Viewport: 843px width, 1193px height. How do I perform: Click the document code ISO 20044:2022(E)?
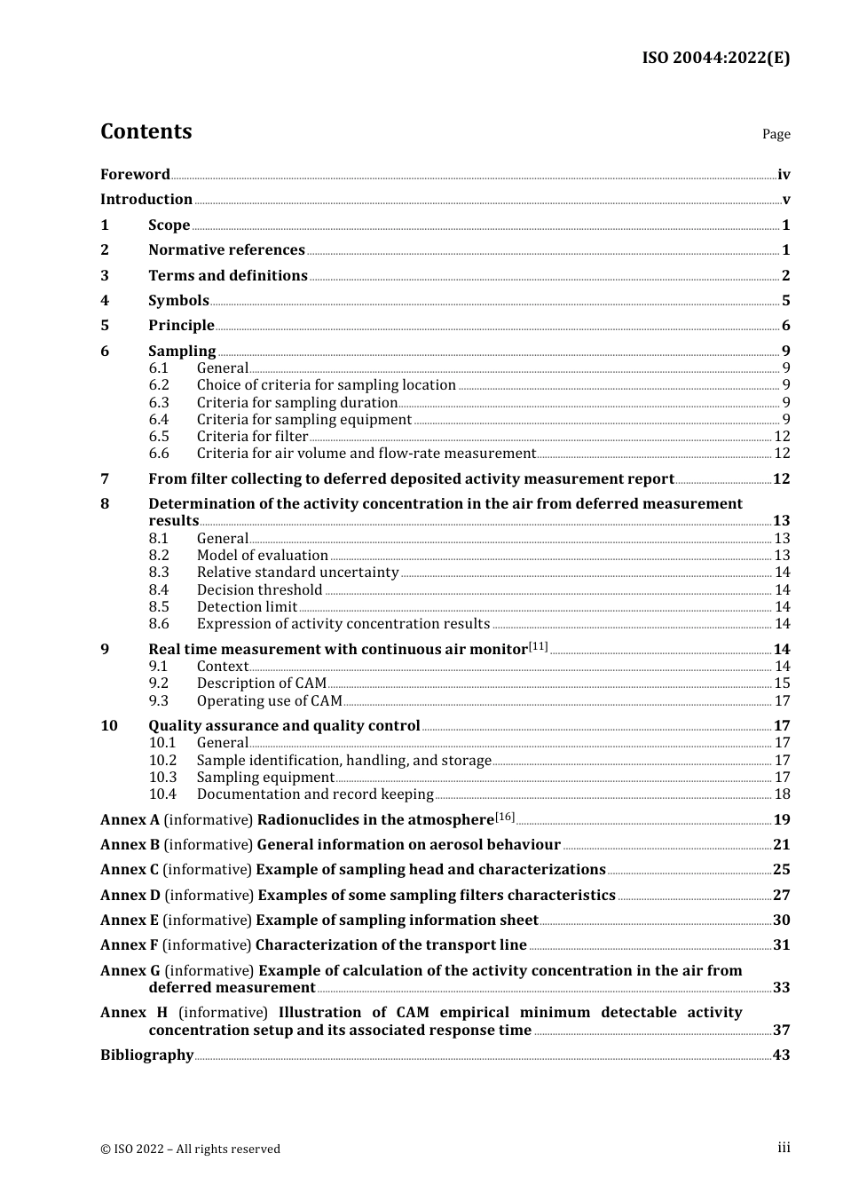pos(715,58)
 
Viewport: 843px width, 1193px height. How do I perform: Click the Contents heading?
pos(146,131)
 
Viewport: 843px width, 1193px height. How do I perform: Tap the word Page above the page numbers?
pos(776,134)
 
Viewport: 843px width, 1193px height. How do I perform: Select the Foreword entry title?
pos(135,174)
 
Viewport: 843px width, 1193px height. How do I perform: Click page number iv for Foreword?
pos(783,175)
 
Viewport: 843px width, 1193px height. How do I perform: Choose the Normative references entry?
pos(226,250)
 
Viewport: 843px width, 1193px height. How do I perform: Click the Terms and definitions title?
pos(228,275)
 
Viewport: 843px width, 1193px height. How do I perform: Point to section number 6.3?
pos(159,402)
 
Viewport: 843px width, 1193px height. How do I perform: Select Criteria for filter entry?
pos(252,436)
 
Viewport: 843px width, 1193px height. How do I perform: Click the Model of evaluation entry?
pos(262,556)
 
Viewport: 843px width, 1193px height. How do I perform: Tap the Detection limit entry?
pos(247,607)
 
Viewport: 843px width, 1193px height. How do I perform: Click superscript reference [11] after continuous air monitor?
pos(539,646)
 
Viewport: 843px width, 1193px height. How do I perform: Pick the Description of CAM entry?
pos(261,683)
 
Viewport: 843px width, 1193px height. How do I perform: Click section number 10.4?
pos(162,794)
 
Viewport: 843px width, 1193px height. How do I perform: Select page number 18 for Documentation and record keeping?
pos(782,794)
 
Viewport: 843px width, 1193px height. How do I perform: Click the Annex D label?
pos(130,895)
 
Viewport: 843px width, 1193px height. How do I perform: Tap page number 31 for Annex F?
pos(781,945)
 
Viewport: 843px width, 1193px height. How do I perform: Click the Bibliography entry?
pos(146,1055)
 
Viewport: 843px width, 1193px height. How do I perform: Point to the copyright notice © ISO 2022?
pos(190,1149)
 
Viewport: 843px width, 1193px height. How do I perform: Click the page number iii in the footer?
pos(784,1148)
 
